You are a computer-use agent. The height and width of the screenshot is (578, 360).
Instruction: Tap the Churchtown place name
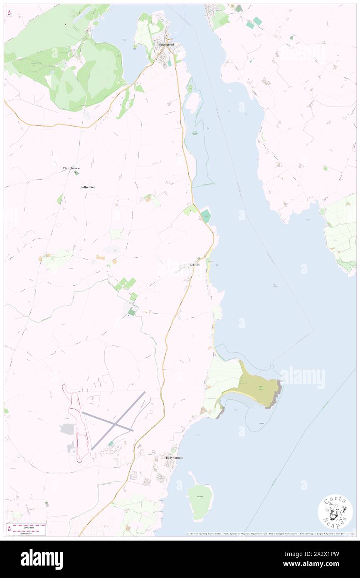(x=71, y=168)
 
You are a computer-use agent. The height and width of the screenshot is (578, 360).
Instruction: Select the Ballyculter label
(x=88, y=187)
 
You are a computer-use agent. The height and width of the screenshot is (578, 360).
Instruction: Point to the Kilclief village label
(x=196, y=265)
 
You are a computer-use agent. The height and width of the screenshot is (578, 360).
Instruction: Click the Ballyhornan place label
(x=174, y=457)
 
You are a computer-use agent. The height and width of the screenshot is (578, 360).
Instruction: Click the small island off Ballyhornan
(x=200, y=497)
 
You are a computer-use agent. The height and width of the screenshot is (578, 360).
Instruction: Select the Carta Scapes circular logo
(x=335, y=512)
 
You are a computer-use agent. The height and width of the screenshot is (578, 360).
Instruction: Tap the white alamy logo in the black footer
(x=42, y=559)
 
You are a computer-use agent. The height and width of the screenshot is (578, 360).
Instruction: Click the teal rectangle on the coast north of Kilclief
(x=206, y=216)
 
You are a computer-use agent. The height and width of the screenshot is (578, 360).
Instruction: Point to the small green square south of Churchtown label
(x=76, y=173)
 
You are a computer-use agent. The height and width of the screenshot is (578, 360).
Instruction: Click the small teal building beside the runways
(x=111, y=444)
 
